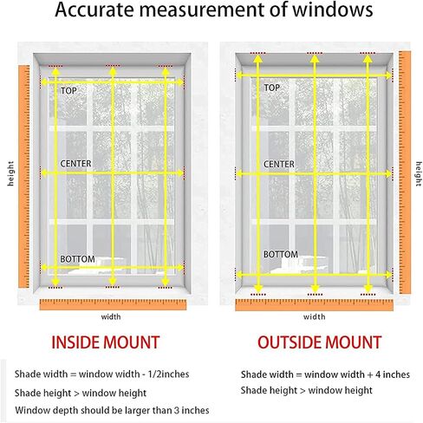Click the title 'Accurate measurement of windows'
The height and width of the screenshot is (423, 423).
214,10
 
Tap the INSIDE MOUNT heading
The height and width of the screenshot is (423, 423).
106,342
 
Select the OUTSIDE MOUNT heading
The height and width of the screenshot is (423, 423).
319,342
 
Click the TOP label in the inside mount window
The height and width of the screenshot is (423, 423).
68,91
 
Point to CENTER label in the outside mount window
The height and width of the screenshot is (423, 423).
279,164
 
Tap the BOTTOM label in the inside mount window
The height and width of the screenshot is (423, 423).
77,259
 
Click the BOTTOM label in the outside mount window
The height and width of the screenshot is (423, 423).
281,254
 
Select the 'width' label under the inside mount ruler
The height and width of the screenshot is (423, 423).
111,316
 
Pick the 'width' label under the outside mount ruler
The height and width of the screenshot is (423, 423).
315,316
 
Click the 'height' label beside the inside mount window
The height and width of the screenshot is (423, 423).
10,173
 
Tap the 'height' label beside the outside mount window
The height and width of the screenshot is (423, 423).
419,173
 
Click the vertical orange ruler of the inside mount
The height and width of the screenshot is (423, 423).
24,177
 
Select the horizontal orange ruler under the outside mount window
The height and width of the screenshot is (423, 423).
315,305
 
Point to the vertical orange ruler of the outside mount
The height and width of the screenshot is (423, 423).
405,172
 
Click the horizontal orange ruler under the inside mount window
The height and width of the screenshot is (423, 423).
113,304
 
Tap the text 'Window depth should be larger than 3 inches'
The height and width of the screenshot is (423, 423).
112,410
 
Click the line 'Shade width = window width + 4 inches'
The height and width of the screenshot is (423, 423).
325,374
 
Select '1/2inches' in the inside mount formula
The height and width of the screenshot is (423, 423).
168,374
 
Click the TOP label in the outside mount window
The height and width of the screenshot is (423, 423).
271,88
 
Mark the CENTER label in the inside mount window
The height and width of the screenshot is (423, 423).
75,164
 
